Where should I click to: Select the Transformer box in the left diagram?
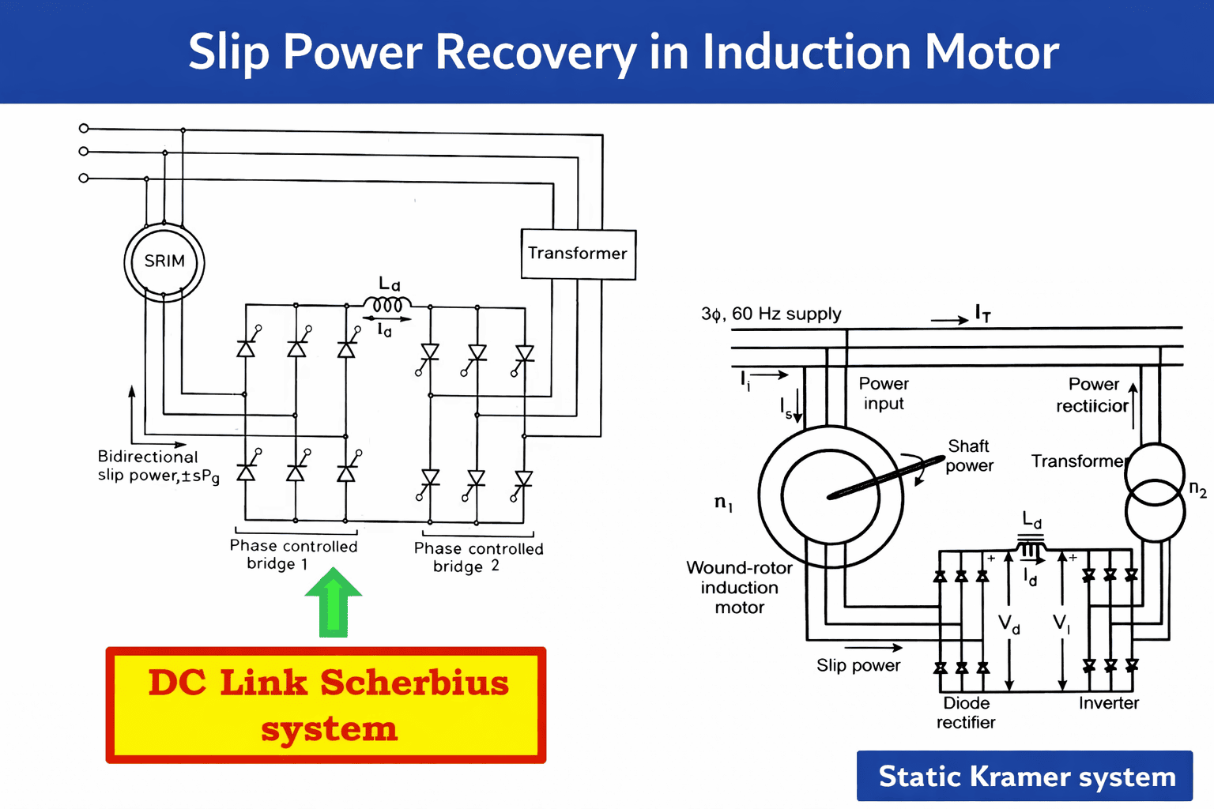(x=578, y=254)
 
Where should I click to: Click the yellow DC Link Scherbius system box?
(x=326, y=705)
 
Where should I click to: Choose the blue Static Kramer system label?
(x=1025, y=776)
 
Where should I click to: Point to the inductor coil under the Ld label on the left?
(x=387, y=304)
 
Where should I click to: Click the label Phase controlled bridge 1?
(x=293, y=555)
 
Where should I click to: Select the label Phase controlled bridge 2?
(x=478, y=557)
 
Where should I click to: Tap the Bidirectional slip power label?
(x=157, y=466)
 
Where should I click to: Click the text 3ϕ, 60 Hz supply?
(x=771, y=314)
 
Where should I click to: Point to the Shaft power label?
(x=969, y=456)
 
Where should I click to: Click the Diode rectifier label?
(x=966, y=713)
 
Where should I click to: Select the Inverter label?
(x=1108, y=703)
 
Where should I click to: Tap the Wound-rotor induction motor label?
(x=739, y=588)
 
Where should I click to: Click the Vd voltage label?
(x=1009, y=624)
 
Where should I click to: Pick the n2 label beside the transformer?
(x=1197, y=489)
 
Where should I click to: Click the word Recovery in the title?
(x=536, y=52)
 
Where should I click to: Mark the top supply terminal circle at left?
(x=84, y=128)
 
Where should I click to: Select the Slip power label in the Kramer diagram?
(x=858, y=665)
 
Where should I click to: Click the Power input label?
(x=884, y=393)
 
